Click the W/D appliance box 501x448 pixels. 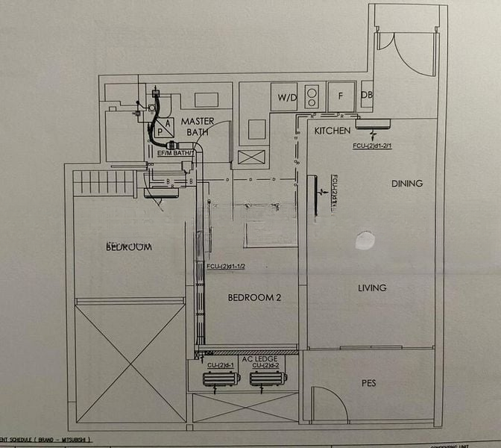287,97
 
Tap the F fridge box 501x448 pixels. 341,96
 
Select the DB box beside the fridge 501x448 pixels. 366,95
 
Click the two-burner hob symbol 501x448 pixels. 312,95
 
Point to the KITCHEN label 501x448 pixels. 332,131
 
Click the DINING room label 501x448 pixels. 406,184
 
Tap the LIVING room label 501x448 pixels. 372,288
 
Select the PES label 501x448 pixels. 368,383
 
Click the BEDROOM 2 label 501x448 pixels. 254,298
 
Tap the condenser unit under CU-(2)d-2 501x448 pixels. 267,379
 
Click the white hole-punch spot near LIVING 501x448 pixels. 365,240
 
